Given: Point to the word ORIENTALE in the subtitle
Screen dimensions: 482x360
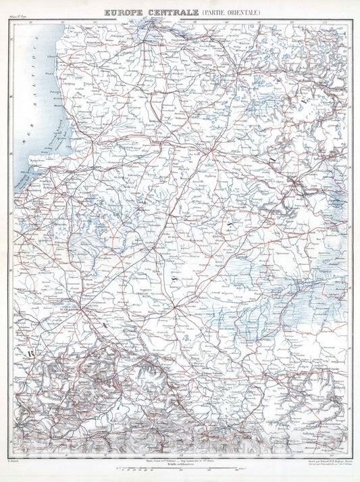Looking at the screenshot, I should tap(241, 12).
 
